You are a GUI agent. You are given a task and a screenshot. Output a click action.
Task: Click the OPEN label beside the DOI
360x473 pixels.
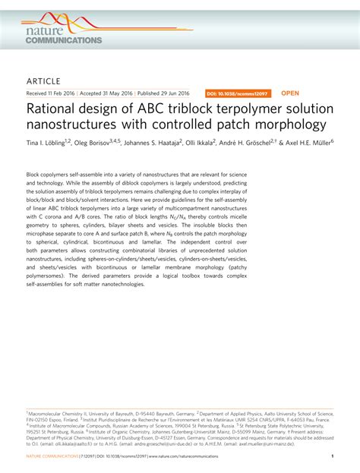(x=290, y=93)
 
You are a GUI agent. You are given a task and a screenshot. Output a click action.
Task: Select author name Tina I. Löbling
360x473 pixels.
(x=48, y=141)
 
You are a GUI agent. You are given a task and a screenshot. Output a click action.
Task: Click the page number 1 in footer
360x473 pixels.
(x=333, y=456)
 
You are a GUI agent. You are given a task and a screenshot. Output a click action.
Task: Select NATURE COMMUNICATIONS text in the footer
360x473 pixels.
(x=52, y=456)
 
